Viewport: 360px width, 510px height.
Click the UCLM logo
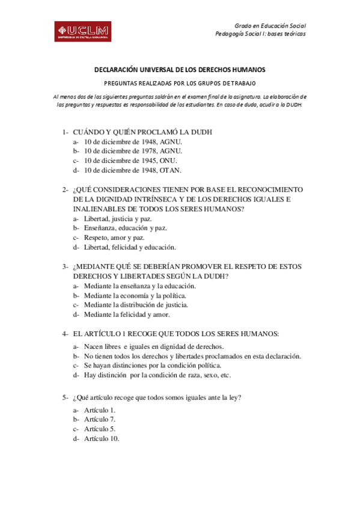coord(82,32)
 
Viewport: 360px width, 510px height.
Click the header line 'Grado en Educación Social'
coord(269,25)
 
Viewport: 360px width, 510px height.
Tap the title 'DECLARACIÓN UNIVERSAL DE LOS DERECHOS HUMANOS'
coord(180,70)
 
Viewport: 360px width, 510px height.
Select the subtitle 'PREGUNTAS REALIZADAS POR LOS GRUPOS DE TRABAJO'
coord(180,83)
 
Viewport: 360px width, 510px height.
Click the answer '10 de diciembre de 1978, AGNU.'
coord(133,151)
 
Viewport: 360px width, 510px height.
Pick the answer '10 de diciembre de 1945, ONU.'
coord(130,161)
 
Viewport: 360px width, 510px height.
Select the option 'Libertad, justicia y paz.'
coord(118,218)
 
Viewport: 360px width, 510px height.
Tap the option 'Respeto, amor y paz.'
coord(114,238)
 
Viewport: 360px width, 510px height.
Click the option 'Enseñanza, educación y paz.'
coord(125,228)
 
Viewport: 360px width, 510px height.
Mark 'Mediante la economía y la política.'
coord(135,295)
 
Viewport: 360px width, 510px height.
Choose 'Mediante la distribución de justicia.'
coord(136,304)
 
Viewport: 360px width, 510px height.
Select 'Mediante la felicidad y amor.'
coord(127,314)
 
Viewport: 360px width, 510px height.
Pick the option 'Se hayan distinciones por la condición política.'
coord(157,365)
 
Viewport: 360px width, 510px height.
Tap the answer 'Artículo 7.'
coord(100,419)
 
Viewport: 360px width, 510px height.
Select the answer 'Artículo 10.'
coord(102,438)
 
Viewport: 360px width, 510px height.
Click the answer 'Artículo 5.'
coord(100,429)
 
